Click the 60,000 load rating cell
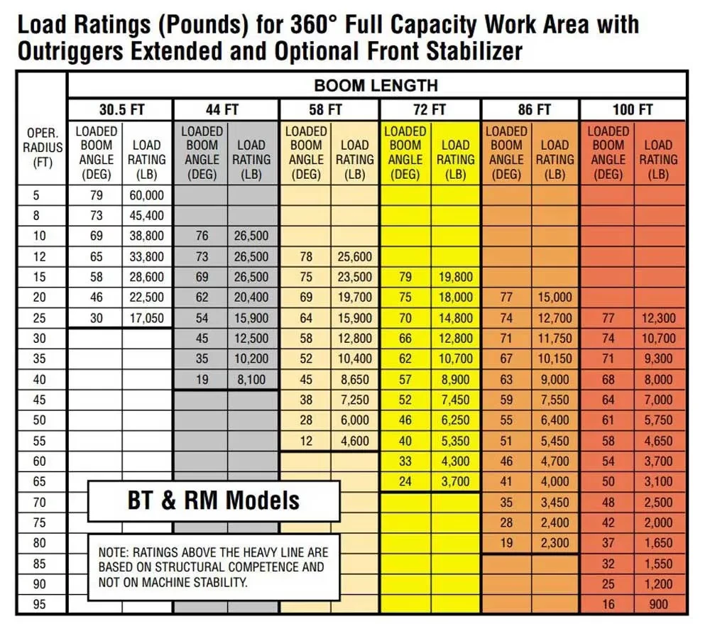click(146, 195)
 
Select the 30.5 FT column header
click(120, 109)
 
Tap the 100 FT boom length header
click(633, 109)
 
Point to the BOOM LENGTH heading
click(376, 86)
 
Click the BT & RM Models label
click(214, 500)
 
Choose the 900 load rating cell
click(657, 604)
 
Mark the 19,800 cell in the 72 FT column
click(455, 277)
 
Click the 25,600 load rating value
click(355, 256)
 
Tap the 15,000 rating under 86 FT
click(555, 297)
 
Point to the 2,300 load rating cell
click(555, 542)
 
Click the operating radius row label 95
click(39, 604)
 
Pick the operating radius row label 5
click(39, 195)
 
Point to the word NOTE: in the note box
click(114, 552)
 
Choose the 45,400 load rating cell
click(146, 215)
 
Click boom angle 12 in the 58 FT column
click(305, 441)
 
